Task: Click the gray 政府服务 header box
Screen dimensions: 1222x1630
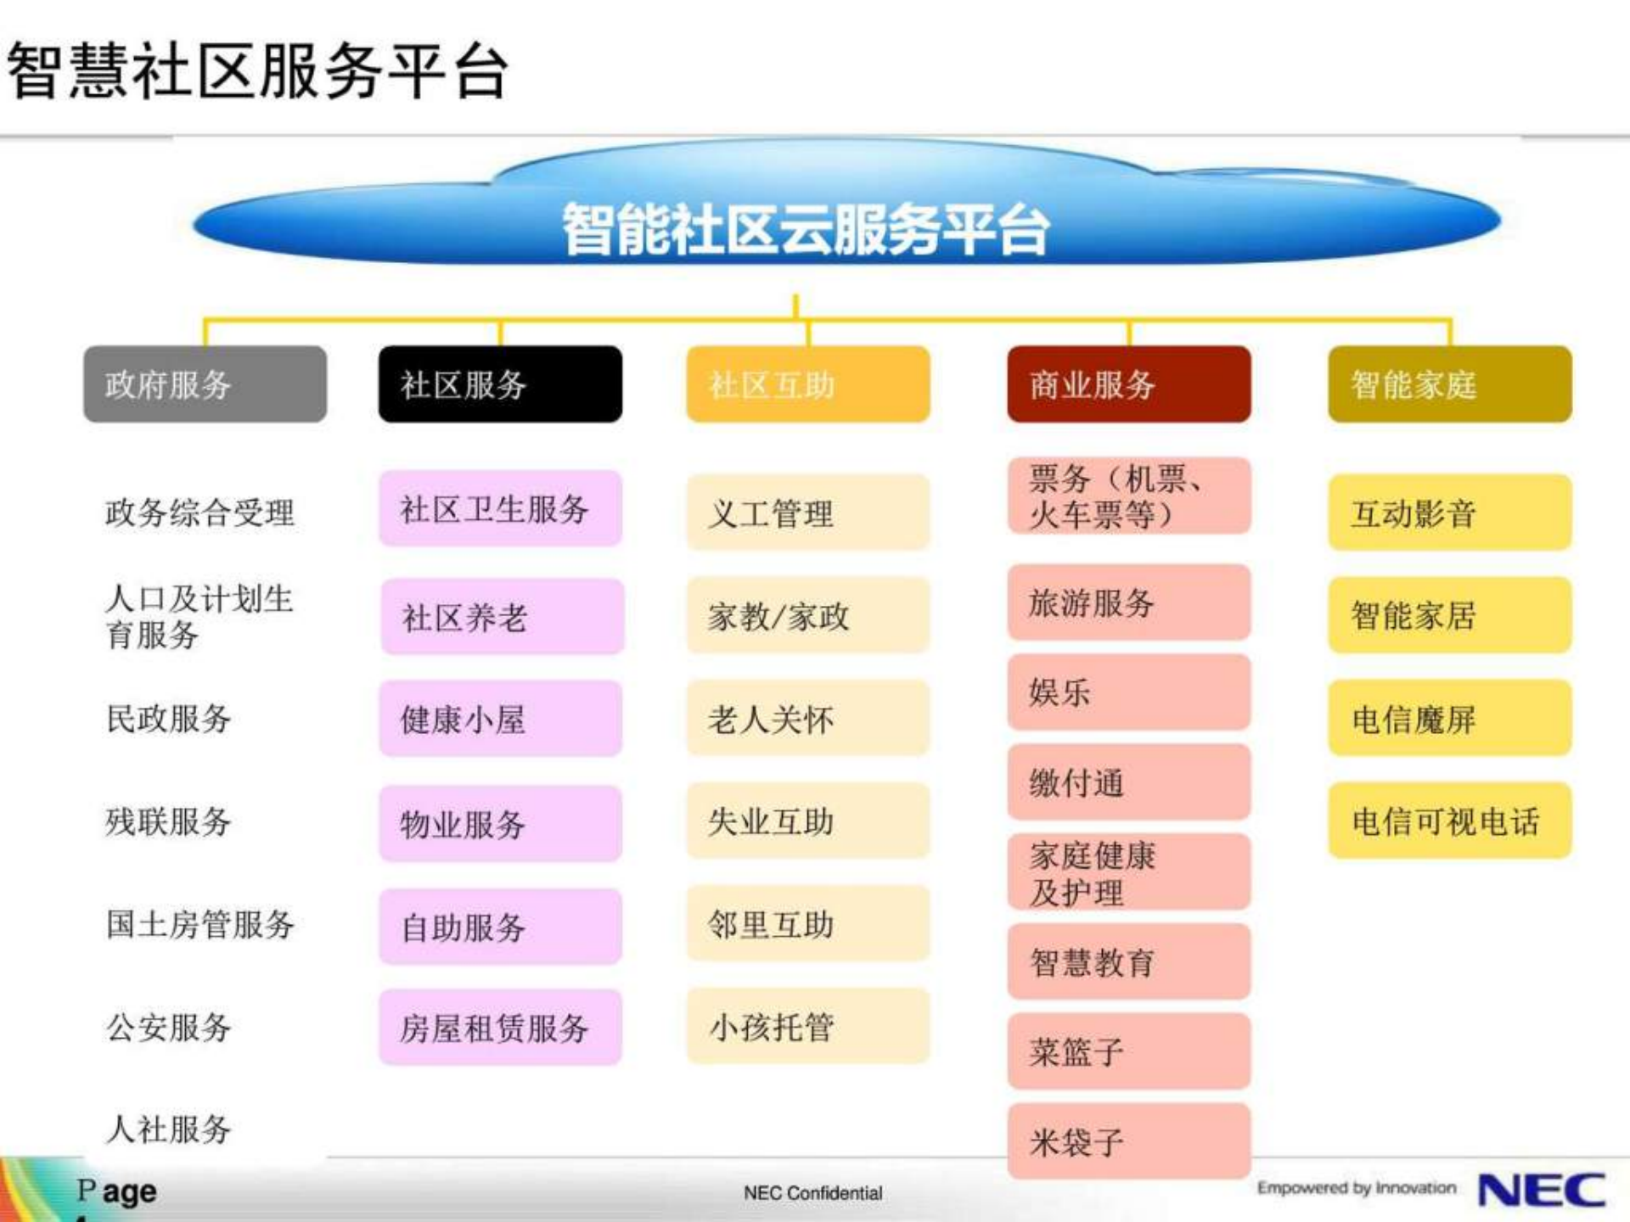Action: point(205,384)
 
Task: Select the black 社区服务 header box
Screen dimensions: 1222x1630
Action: point(500,384)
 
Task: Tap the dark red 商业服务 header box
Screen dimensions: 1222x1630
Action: point(1128,384)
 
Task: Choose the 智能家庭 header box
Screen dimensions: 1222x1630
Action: point(1449,384)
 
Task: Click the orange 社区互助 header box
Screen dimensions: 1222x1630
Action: point(807,384)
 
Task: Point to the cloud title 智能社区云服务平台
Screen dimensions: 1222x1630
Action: point(807,229)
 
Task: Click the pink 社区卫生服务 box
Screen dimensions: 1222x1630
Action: point(500,509)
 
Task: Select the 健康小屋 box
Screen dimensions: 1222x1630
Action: point(500,719)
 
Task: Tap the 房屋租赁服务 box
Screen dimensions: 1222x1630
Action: point(500,1027)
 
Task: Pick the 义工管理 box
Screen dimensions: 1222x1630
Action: point(807,513)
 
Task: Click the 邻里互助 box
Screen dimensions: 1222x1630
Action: point(807,923)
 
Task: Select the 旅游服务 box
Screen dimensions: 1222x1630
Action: point(1128,603)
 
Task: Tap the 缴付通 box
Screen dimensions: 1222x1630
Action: point(1128,782)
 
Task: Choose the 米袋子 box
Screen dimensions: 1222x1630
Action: point(1128,1141)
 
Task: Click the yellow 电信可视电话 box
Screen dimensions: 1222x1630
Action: point(1449,821)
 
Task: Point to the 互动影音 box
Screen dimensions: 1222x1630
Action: point(1449,513)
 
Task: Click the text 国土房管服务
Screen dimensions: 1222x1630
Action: point(200,923)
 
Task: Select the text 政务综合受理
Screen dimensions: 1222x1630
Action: point(200,513)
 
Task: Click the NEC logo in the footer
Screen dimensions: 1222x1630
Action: point(1541,1190)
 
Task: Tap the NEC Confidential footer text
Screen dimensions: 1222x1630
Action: point(812,1193)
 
